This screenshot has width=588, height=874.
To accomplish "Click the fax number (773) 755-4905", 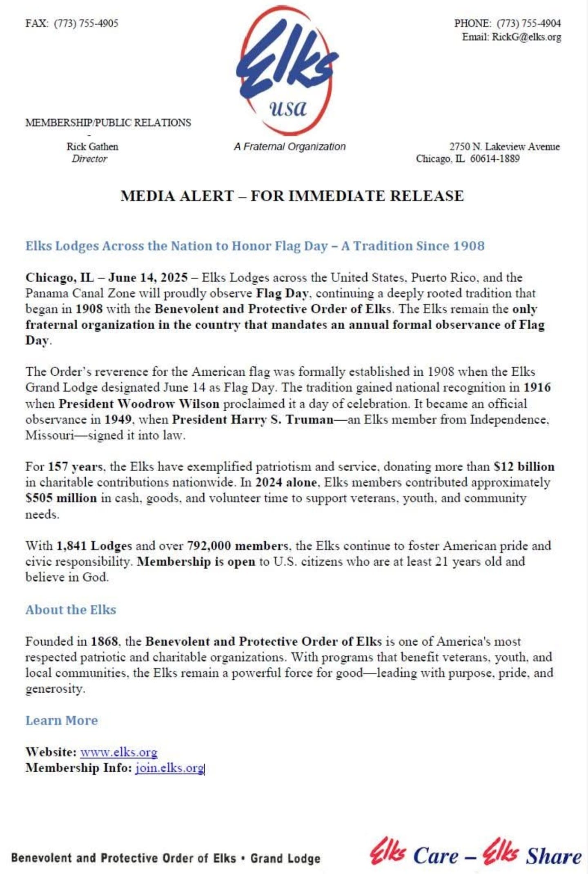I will (x=86, y=23).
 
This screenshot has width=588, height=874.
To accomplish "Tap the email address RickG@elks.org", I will (x=526, y=37).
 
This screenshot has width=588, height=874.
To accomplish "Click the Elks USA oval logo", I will (x=287, y=71).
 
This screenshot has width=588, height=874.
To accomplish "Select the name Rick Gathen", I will (x=92, y=147).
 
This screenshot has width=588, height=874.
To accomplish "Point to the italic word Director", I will (x=89, y=159).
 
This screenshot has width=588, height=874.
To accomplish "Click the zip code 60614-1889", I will (x=494, y=158).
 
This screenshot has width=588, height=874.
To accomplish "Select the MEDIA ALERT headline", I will (x=292, y=196).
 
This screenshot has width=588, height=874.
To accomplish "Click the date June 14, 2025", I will (x=148, y=278).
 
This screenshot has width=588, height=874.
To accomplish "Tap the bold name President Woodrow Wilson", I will (x=139, y=404).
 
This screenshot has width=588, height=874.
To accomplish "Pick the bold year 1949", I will (x=118, y=420).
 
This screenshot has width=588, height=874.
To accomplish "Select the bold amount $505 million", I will (x=61, y=498).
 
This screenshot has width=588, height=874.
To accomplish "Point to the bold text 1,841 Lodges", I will (x=94, y=546).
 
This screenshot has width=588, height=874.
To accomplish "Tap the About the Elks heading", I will (x=71, y=610).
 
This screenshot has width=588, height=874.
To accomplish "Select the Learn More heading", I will (x=62, y=720).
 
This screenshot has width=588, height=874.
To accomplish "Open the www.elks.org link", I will (x=118, y=752).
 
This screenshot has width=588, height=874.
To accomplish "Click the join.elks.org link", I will (x=169, y=768).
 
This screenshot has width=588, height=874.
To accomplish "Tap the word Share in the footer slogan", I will (x=553, y=856).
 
